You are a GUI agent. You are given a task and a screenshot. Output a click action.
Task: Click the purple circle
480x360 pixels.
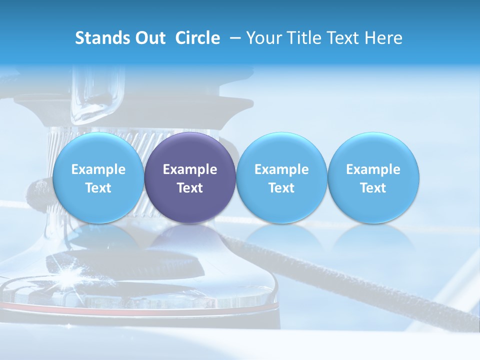click(x=190, y=150)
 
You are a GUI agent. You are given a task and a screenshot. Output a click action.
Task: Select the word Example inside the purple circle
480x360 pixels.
click(x=190, y=169)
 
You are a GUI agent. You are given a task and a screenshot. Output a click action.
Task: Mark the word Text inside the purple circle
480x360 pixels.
click(x=190, y=188)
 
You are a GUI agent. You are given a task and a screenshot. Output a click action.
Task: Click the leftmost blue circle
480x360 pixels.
click(x=98, y=150)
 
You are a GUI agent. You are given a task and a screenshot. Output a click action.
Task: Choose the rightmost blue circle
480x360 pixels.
click(x=373, y=150)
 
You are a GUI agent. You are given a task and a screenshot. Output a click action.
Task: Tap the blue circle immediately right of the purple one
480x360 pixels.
click(x=281, y=150)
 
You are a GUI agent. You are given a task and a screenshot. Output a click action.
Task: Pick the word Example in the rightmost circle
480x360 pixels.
click(x=373, y=169)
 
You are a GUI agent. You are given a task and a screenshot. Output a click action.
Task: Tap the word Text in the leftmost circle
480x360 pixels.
click(x=98, y=188)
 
